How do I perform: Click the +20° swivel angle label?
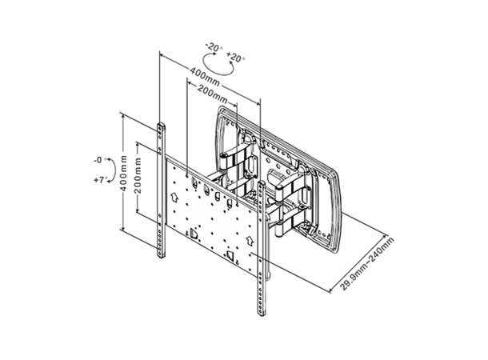[236, 58]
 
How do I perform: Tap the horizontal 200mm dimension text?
[212, 95]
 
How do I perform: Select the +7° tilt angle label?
[101, 181]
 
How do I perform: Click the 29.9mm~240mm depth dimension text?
[367, 264]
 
